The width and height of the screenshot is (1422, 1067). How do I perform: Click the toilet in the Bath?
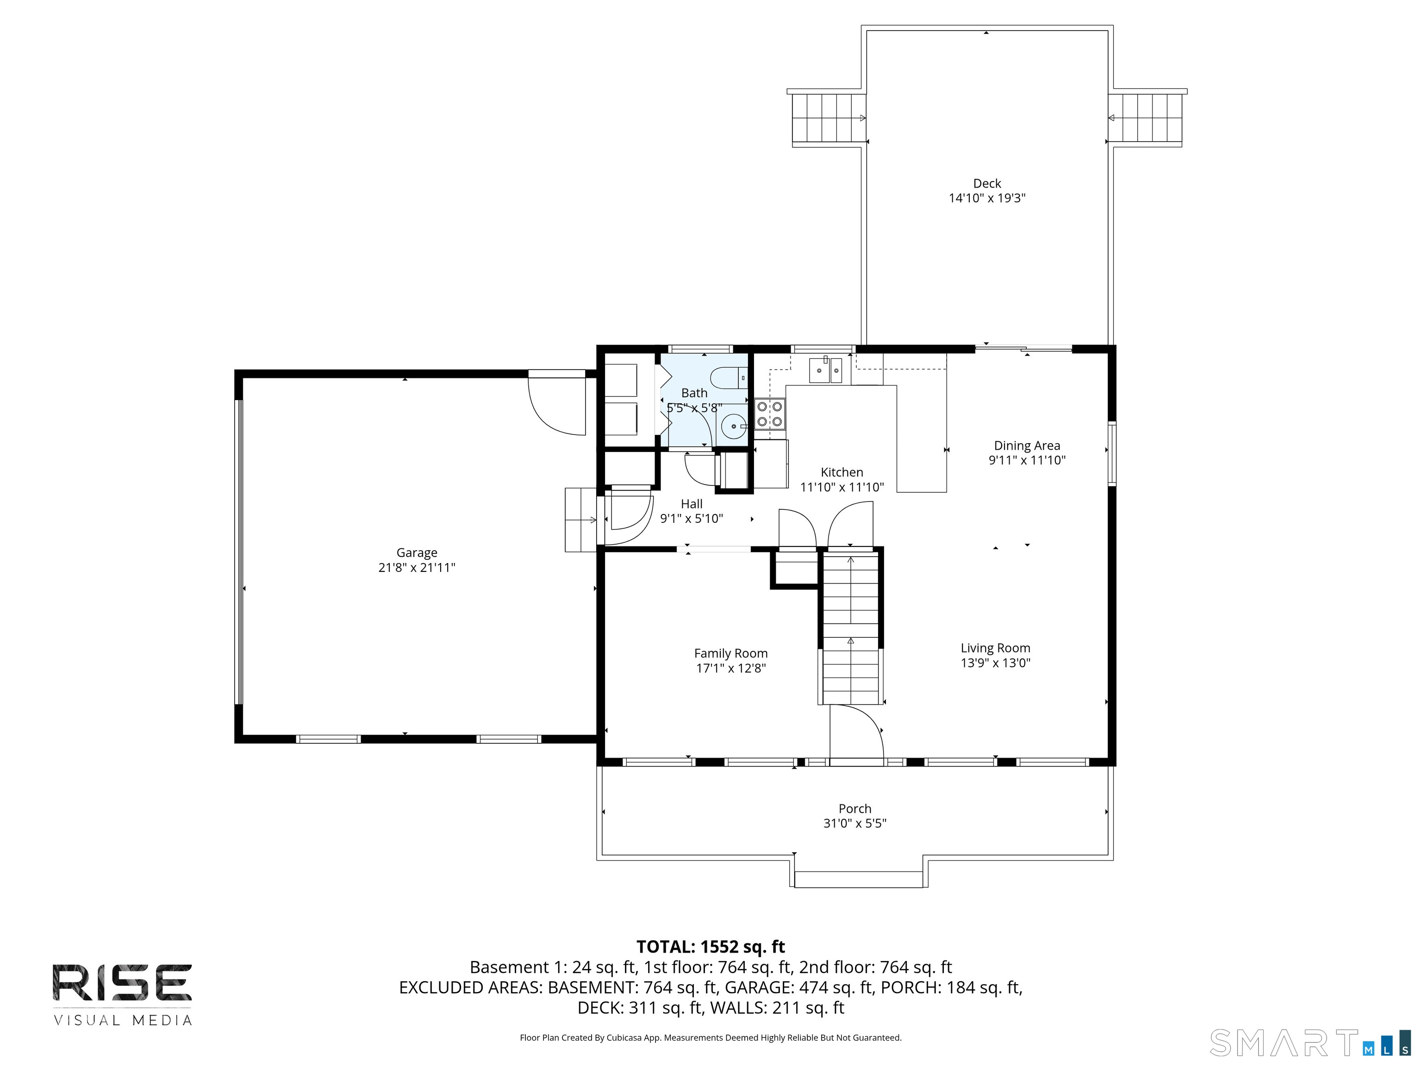[729, 377]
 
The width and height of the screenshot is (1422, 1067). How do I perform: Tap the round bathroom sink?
[732, 426]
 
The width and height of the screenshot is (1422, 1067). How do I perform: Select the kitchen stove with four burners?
[769, 414]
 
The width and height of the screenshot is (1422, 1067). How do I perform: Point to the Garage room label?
[417, 552]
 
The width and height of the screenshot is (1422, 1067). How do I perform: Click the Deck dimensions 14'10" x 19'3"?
[987, 198]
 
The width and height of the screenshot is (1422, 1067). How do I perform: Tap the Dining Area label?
[1027, 445]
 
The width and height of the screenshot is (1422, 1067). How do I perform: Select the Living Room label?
[995, 648]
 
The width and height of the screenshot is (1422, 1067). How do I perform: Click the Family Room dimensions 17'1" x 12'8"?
[730, 668]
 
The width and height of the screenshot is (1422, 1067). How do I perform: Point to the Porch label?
[854, 809]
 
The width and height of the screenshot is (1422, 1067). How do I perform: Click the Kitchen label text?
[842, 472]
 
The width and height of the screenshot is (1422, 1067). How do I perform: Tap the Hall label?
[692, 504]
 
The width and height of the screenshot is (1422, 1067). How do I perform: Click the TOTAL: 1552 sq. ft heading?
[711, 947]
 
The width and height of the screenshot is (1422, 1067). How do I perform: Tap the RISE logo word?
[122, 983]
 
